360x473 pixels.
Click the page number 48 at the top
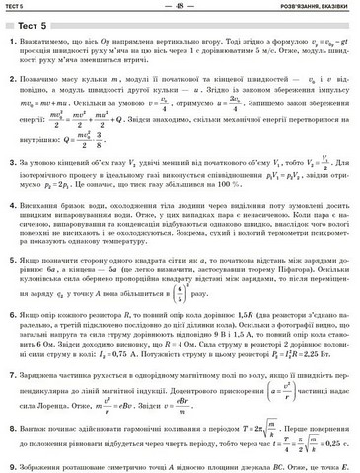point(180,5)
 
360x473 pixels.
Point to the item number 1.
point(9,44)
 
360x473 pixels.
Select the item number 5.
point(9,256)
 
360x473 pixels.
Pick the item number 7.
point(9,376)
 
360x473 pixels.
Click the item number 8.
point(9,428)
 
